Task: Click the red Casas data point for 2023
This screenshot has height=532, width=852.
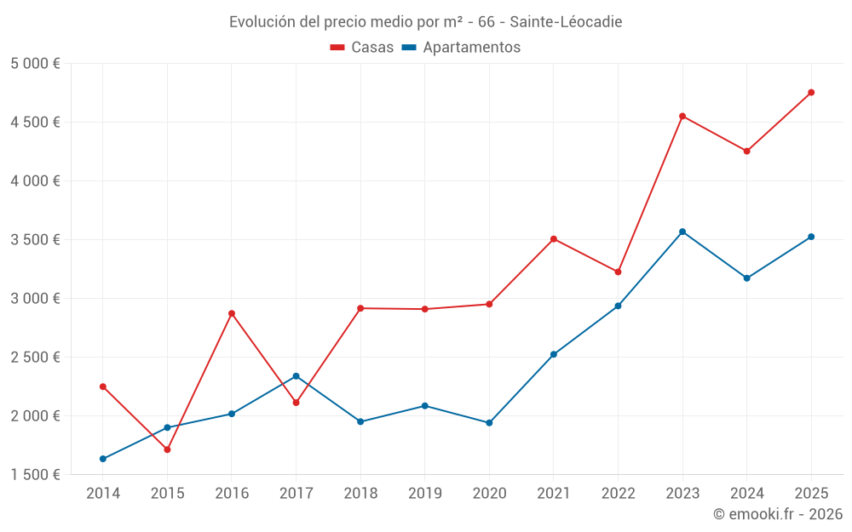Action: coord(682,116)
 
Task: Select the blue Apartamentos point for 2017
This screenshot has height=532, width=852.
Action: coord(296,376)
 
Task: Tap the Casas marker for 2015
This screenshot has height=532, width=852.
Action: coord(167,449)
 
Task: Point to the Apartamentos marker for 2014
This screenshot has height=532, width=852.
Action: coord(103,459)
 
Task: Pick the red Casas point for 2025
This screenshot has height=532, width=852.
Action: coord(811,93)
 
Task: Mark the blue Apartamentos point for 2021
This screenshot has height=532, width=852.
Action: coord(554,354)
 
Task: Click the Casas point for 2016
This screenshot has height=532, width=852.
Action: coord(232,313)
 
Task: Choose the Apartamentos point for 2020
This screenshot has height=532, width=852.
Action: coord(489,423)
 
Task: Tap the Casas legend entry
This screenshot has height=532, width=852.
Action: coord(362,48)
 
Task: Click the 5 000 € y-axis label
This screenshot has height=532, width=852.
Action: coord(35,64)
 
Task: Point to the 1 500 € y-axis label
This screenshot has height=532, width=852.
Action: coord(35,475)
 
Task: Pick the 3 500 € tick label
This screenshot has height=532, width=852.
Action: coord(35,240)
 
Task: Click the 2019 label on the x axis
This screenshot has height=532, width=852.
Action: coord(424,493)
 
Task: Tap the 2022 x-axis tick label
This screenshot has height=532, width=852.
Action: coord(618,493)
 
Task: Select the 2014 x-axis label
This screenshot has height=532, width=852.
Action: coord(103,493)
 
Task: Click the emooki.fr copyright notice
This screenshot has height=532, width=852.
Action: coord(778,514)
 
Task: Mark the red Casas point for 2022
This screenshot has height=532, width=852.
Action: coord(618,272)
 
